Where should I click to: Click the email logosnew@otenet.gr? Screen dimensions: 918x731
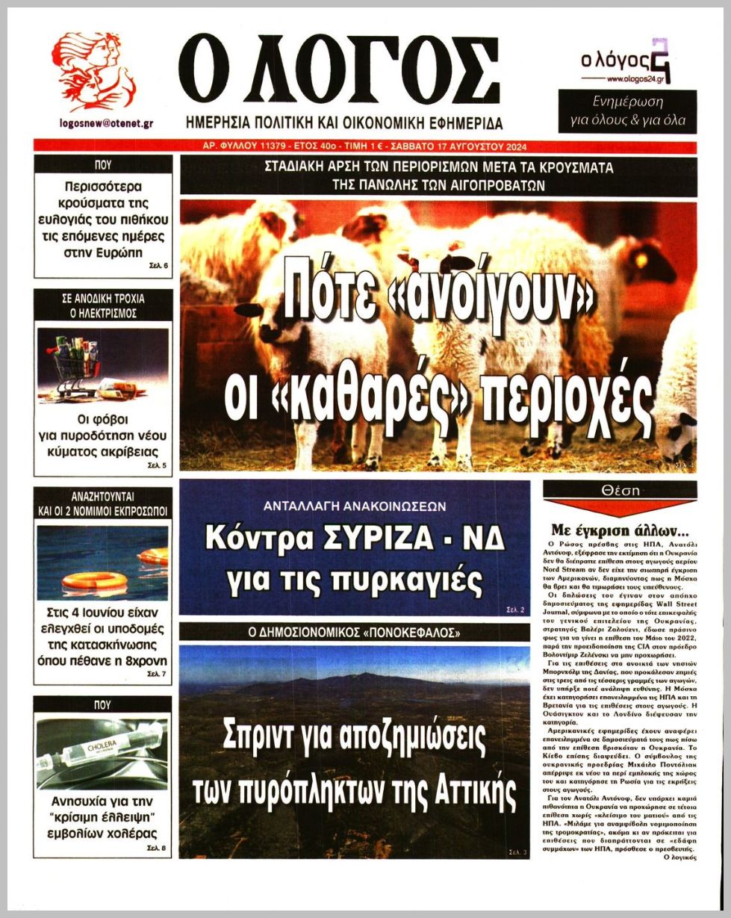(x=105, y=124)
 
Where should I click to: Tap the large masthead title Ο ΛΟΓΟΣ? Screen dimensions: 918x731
(x=339, y=71)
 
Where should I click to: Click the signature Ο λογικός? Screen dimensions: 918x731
(x=679, y=857)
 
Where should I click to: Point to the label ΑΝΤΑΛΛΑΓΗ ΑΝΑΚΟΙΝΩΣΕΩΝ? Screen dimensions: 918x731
(x=355, y=506)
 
